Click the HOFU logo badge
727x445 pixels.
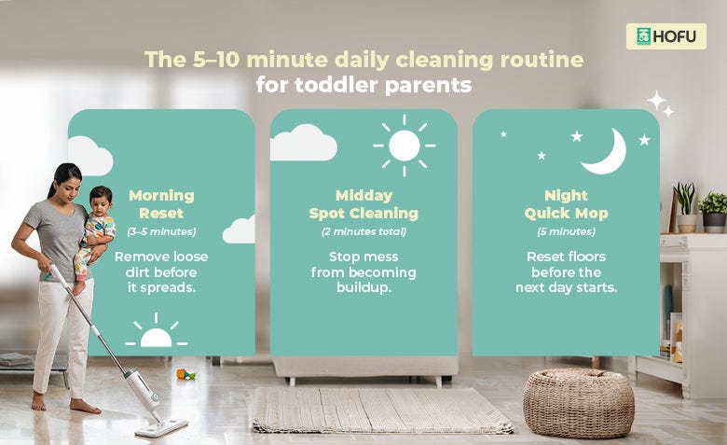[x=665, y=36]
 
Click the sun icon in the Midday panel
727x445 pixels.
[x=405, y=146]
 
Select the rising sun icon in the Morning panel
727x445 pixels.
[x=157, y=332]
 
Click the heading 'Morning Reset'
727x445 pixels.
[x=161, y=204]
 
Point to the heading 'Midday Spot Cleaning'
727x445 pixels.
[x=363, y=204]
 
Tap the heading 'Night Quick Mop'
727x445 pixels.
[x=566, y=204]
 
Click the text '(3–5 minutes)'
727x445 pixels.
[x=161, y=231]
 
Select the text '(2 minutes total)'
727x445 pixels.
[x=363, y=231]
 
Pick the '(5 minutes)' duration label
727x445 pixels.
[x=566, y=231]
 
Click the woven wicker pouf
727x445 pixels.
[x=579, y=403]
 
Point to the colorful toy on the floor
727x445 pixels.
[x=185, y=374]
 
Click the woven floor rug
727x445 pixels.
[x=381, y=410]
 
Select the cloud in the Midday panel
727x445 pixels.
[x=303, y=143]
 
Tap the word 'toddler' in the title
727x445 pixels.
[x=336, y=85]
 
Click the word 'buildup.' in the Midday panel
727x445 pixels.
[x=363, y=287]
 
